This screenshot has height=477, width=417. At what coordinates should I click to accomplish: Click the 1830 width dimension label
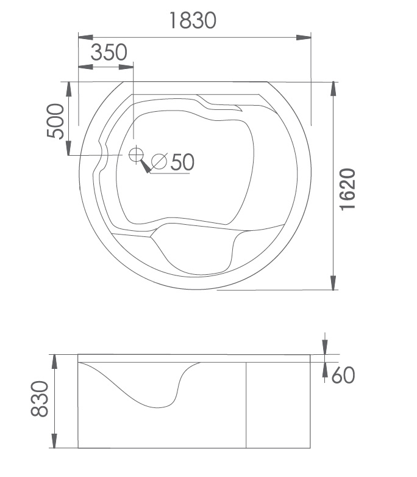coord(193,20)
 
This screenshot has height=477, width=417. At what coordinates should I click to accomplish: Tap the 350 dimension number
coord(109,53)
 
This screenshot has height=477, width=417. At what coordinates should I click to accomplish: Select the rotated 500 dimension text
coord(55,121)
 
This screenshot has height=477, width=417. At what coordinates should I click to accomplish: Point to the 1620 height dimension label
coord(347,189)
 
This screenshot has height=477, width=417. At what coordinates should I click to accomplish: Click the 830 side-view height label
coord(40,398)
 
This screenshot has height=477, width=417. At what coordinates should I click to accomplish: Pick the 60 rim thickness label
coord(343,375)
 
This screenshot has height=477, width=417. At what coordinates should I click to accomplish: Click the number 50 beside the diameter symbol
coord(182,162)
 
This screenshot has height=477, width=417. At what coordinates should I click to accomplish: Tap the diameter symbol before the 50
coord(159,161)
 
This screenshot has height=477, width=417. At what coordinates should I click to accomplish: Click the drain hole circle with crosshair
coord(136,155)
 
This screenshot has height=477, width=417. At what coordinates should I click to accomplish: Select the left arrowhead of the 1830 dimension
coord(85,37)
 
